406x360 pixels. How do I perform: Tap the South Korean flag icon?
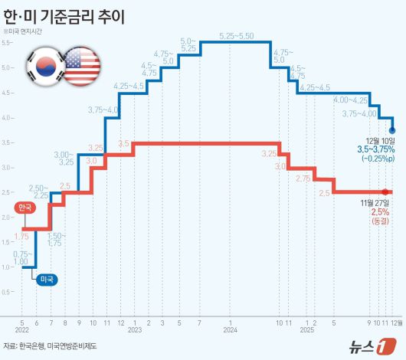[x=43, y=66]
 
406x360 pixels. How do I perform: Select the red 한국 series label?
[x=25, y=208]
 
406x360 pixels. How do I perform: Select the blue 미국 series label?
[x=46, y=280]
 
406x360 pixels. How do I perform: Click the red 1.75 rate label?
[x=21, y=237]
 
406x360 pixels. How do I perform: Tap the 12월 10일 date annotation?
[x=380, y=139]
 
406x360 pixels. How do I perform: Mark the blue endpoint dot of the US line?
[x=392, y=130]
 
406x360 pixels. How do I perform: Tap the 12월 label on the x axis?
[x=397, y=322]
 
